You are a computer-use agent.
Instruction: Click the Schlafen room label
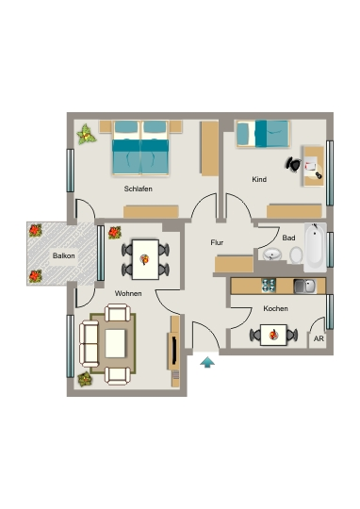point(138,189)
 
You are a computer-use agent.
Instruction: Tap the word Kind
point(259,179)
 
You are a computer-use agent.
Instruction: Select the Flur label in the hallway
point(217,242)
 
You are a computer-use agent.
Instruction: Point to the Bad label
point(288,238)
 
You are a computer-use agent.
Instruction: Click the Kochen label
point(275,308)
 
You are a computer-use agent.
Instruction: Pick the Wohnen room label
point(128,293)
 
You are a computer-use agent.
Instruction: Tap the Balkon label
point(64,255)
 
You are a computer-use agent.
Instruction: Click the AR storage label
point(319,338)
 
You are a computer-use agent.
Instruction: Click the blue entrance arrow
point(207,362)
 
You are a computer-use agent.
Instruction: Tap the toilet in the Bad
point(296,255)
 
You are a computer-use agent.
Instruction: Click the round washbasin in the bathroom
point(272,254)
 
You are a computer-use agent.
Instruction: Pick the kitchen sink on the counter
point(304,286)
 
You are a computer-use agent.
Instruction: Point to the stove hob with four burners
point(269,286)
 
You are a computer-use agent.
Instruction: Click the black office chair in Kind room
point(294,164)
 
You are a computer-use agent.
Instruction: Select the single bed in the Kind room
point(262,134)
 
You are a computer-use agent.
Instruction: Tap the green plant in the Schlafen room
point(87,134)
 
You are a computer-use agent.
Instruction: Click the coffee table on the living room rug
point(115,343)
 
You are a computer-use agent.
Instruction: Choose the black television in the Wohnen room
point(174,351)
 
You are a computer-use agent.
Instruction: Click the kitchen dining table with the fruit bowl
point(273,335)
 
